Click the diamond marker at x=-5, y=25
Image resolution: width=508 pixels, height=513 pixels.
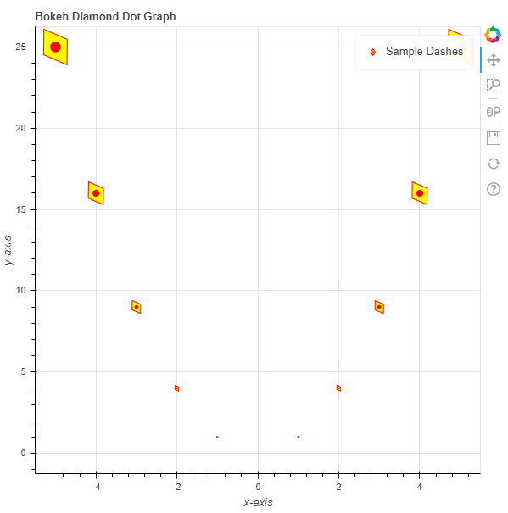55,47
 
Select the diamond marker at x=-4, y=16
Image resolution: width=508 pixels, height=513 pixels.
96,193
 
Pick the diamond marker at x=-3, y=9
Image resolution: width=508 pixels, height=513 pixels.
137,307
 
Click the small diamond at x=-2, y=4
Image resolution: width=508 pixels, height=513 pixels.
176,388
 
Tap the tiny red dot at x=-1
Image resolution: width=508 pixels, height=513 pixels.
217,437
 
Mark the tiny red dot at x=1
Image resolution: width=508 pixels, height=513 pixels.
299,437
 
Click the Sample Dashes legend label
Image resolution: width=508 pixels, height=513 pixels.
425,52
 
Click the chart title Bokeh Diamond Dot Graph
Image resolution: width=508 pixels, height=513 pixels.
106,16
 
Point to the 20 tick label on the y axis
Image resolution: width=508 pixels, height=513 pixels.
20,128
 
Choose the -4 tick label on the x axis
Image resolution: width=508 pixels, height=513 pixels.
96,488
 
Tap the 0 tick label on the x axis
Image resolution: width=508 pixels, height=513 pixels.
258,488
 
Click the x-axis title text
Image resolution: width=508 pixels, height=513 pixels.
258,503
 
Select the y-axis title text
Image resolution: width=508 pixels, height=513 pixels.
8,250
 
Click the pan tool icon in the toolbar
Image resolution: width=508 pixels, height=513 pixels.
494,60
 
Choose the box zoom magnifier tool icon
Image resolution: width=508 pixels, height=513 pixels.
494,86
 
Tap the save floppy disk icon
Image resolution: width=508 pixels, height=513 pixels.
494,138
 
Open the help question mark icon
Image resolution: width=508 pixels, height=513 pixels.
494,189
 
